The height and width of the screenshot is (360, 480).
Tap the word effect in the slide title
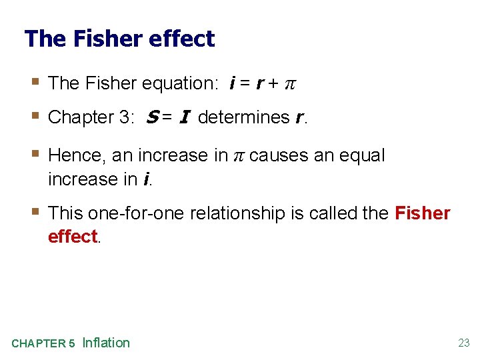(x=182, y=39)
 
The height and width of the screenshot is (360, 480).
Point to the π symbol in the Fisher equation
(x=290, y=84)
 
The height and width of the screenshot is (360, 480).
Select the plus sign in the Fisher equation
(x=273, y=83)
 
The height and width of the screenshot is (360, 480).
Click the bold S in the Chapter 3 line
(x=149, y=117)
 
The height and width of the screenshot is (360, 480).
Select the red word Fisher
(x=423, y=213)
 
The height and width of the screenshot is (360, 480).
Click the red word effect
(x=73, y=237)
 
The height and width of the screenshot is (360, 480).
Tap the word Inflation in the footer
(x=106, y=343)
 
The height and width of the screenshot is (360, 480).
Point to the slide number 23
(x=463, y=343)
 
